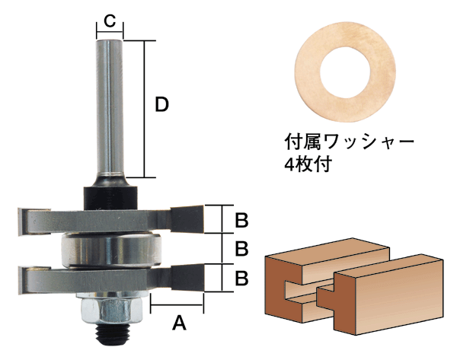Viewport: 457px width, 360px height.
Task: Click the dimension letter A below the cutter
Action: click(180, 323)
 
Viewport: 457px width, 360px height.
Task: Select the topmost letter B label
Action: click(241, 220)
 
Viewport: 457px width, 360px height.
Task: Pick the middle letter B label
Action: click(241, 249)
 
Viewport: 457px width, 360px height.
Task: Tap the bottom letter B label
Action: click(241, 278)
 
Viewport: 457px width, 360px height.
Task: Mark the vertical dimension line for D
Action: click(144, 107)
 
